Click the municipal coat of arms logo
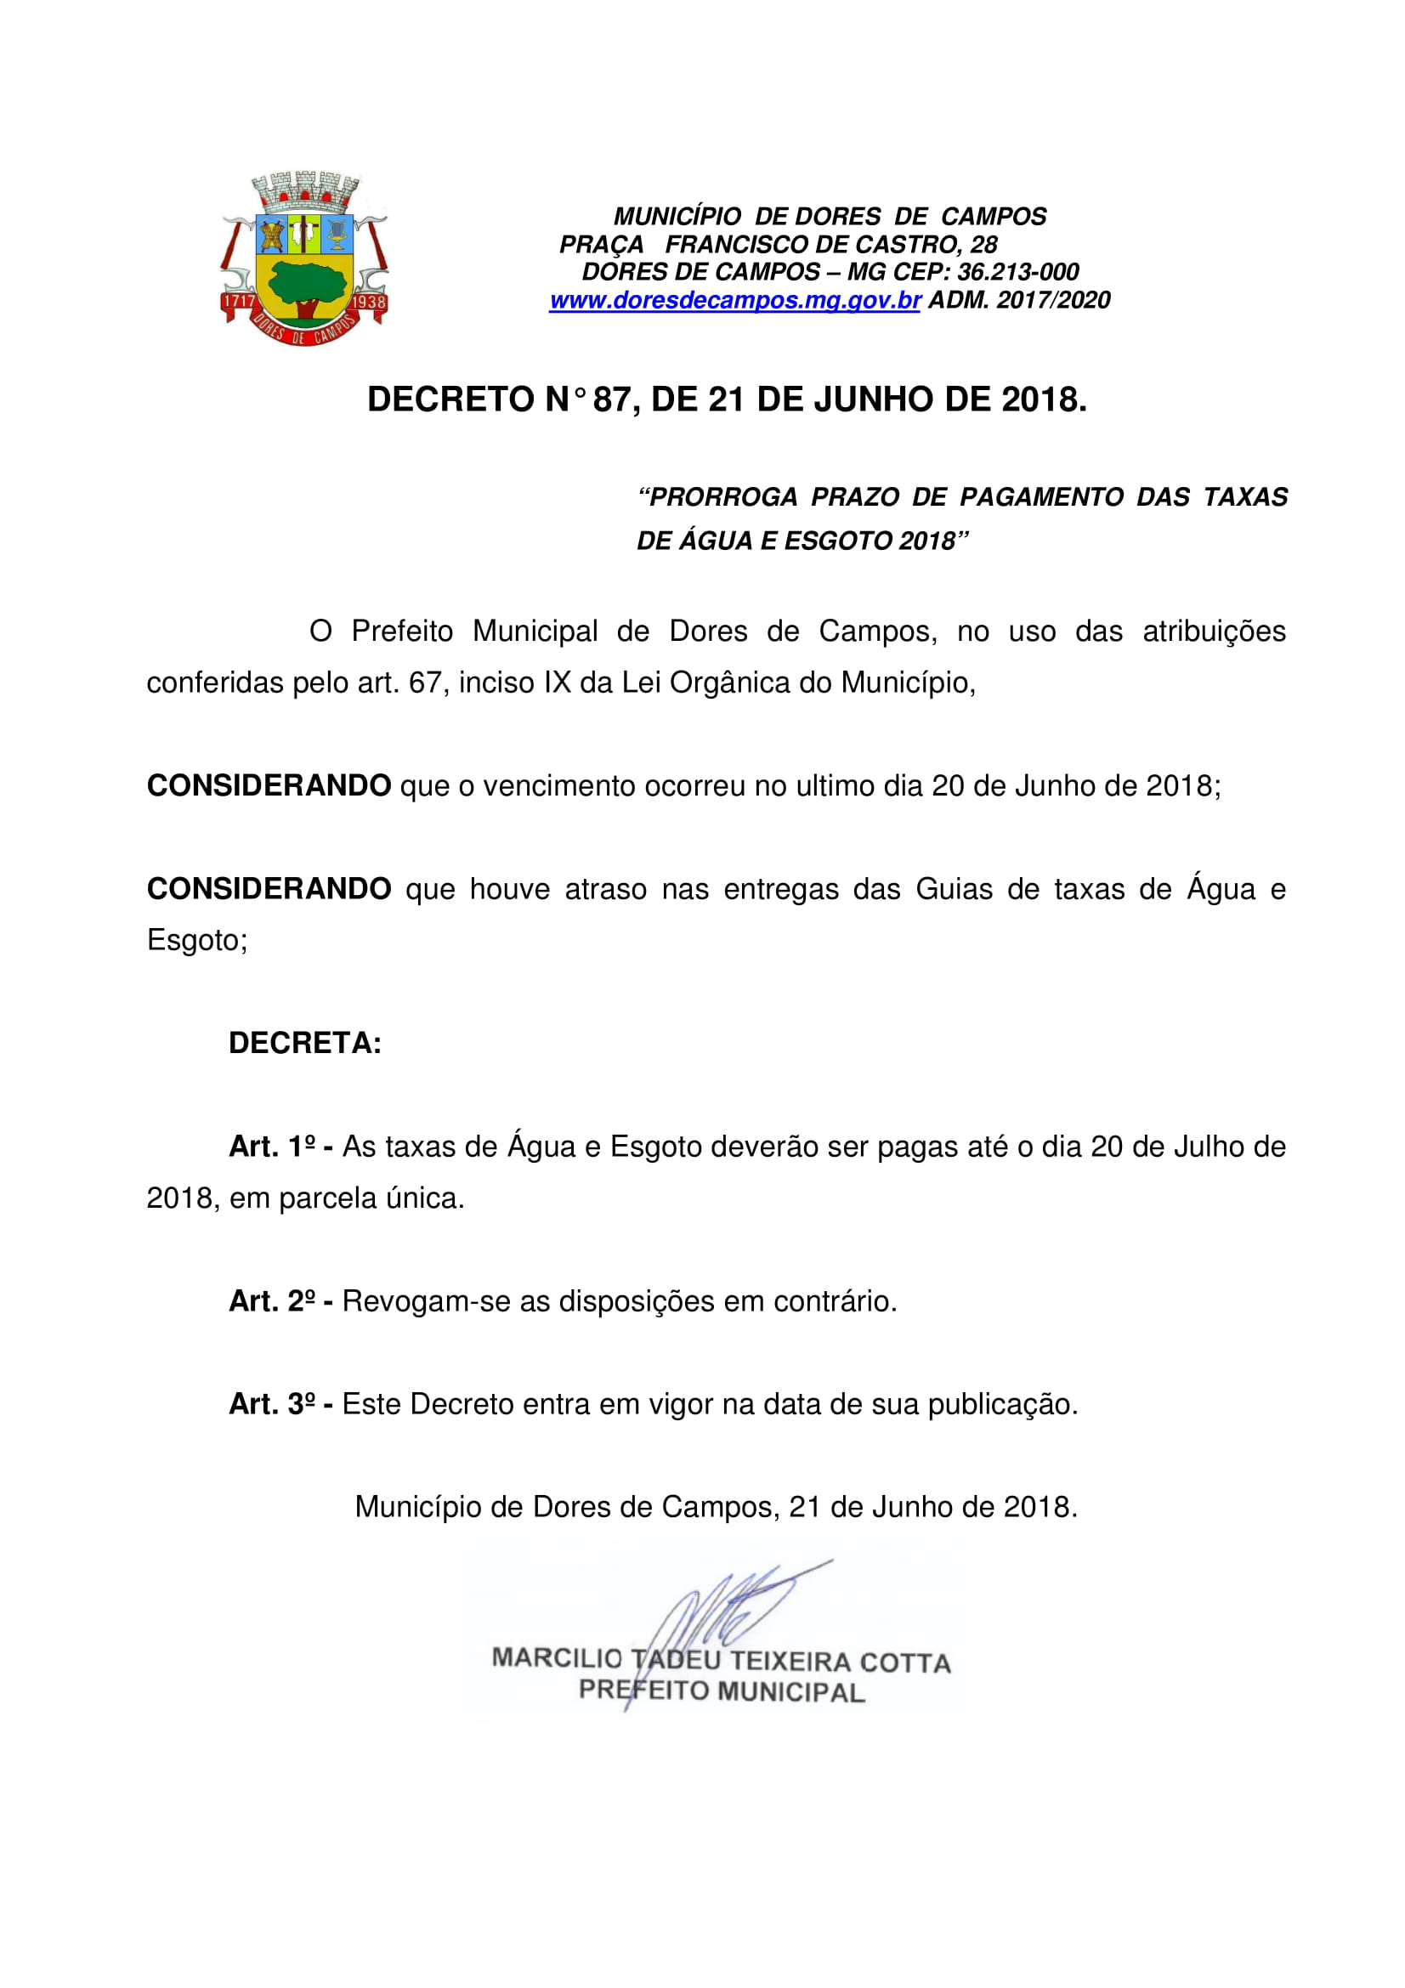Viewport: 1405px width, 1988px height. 305,259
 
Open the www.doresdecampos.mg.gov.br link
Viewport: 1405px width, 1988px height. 734,300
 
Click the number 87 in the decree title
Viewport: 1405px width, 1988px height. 611,399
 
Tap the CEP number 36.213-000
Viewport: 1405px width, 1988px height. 1018,272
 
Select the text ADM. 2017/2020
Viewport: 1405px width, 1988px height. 1019,300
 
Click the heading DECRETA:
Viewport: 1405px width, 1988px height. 305,1044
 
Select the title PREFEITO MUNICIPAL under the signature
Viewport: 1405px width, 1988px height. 722,1691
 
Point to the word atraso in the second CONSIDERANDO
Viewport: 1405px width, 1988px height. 605,889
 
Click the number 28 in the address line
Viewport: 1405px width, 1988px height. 983,244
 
